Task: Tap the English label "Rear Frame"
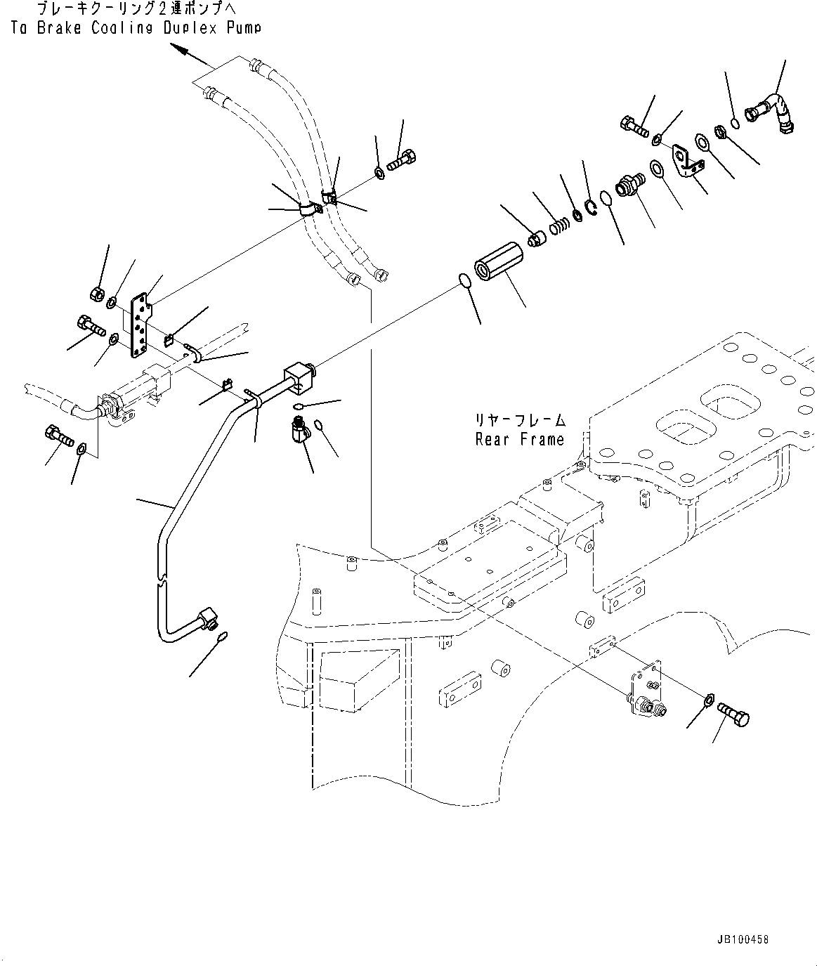(519, 440)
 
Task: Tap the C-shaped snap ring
(590, 206)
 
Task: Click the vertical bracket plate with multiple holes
(140, 325)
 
